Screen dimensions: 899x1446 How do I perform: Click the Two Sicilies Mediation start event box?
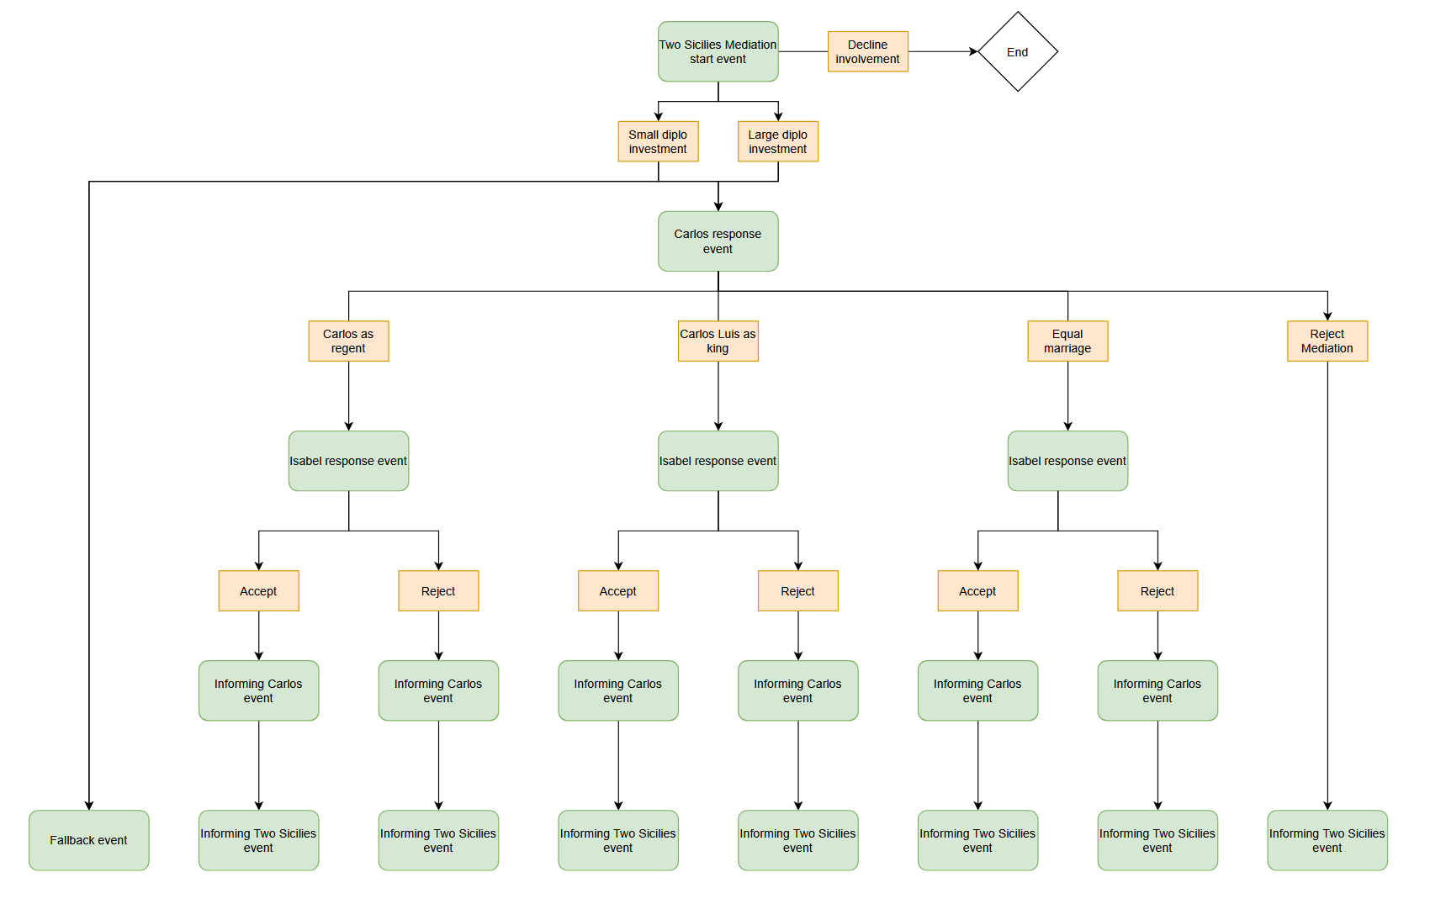[718, 52]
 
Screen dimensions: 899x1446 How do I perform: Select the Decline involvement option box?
[867, 52]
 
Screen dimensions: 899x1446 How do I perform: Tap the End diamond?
[1017, 52]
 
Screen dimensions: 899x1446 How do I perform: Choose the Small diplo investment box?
[658, 141]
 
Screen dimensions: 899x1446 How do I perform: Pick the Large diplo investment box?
[777, 141]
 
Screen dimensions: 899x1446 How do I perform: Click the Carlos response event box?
[718, 241]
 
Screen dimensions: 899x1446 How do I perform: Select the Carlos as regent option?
[348, 341]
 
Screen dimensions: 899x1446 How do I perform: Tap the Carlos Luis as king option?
[718, 341]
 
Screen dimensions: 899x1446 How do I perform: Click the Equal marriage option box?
[1067, 341]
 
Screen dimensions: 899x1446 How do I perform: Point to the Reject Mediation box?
[1327, 341]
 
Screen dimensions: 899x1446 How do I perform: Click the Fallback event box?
[88, 840]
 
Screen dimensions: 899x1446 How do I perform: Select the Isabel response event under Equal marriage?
[1067, 461]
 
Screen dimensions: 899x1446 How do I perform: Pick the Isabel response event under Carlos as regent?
[348, 461]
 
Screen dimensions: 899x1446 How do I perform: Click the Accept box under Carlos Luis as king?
[618, 591]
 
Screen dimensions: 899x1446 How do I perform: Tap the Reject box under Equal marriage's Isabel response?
[1157, 591]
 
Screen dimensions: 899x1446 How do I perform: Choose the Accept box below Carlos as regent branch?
[258, 591]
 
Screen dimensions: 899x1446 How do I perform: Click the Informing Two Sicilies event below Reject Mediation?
[1327, 840]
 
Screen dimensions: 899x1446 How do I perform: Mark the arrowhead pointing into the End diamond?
[973, 52]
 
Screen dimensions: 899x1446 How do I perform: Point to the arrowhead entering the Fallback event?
[89, 805]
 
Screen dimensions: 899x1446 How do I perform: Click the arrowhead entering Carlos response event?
[718, 206]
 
